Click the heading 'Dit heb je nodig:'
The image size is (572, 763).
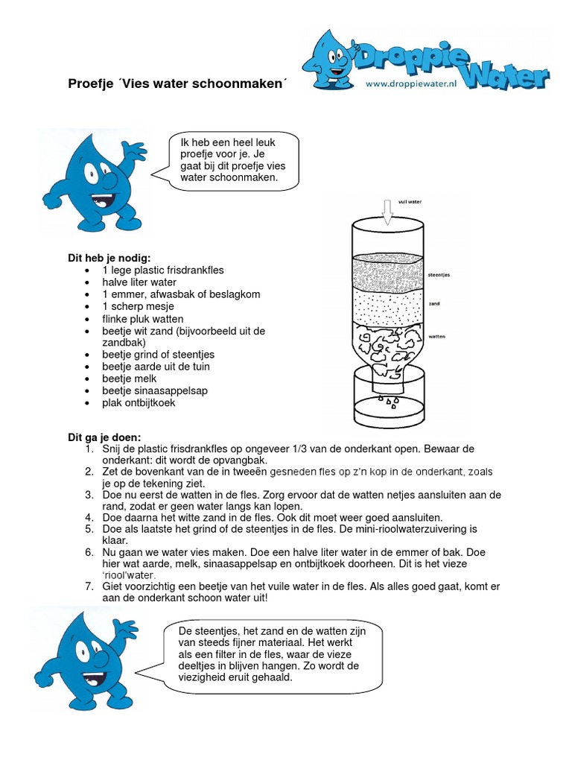click(x=109, y=258)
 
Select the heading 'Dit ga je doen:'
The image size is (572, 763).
click(x=104, y=437)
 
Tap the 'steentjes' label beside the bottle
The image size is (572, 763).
click(x=439, y=275)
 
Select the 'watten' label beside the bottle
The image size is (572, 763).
click(x=437, y=337)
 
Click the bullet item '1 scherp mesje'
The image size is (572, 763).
click(x=138, y=306)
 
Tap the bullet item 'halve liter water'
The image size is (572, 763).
click(x=139, y=282)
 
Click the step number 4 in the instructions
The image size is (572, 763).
click(x=88, y=517)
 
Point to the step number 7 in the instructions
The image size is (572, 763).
click(x=88, y=586)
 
